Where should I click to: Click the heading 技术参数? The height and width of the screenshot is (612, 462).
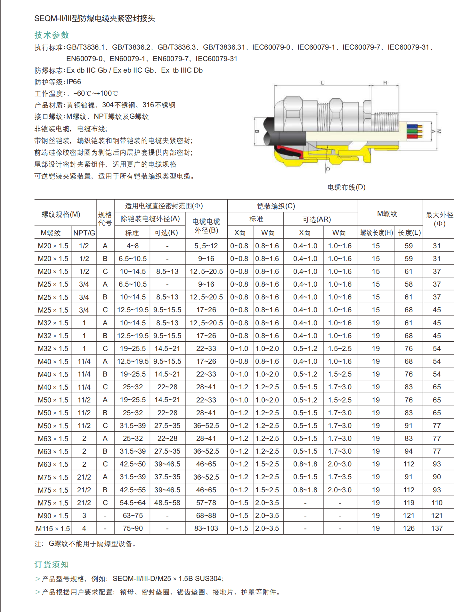(52, 35)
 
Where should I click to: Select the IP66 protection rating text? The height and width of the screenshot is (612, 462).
(74, 82)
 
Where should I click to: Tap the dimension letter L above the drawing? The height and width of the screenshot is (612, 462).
(322, 83)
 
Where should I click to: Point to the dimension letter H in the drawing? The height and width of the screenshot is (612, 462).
(385, 83)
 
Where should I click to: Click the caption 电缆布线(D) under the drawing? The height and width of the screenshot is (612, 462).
(346, 187)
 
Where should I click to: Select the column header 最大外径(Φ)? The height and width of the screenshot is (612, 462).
(439, 219)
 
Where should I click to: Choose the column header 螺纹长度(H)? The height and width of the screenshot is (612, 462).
(376, 233)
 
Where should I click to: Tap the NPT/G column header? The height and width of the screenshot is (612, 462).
(84, 233)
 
